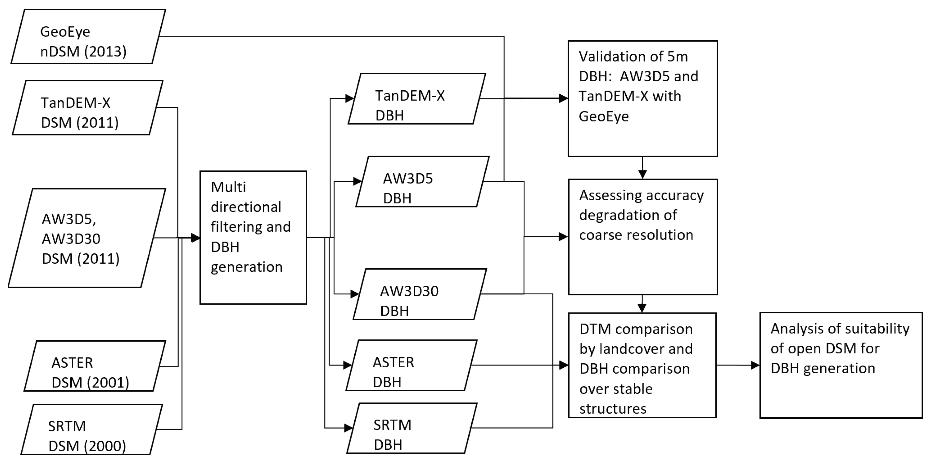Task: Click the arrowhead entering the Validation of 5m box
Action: pyautogui.click(x=563, y=98)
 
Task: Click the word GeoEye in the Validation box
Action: pyautogui.click(x=604, y=116)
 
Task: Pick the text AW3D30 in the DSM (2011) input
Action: pyautogui.click(x=71, y=239)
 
